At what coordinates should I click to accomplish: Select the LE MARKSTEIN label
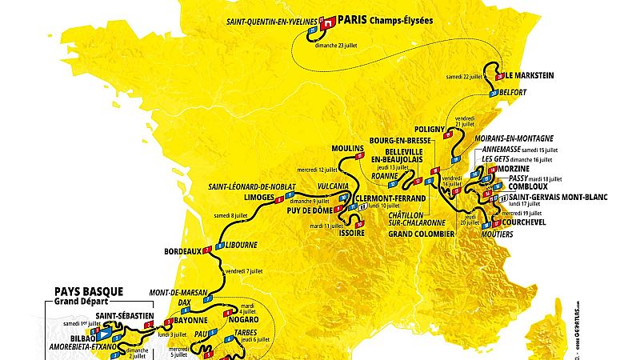(530, 77)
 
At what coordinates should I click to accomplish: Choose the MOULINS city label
(348, 149)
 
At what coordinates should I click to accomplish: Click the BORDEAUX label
(180, 250)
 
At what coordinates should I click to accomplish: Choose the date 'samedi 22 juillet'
(468, 77)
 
